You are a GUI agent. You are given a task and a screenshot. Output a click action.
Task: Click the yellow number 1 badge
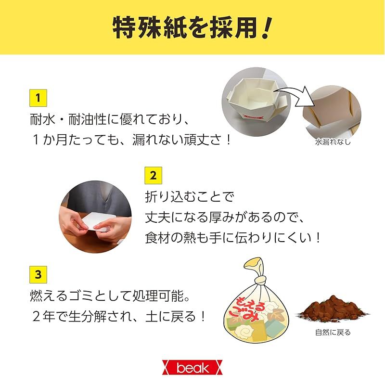38,98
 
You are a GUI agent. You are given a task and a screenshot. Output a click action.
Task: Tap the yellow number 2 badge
153,175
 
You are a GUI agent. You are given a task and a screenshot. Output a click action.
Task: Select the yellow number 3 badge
38,274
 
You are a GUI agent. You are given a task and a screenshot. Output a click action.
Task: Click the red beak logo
192,368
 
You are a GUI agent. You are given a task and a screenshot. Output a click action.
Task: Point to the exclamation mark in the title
266,28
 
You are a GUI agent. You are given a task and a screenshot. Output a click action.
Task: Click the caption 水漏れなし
333,142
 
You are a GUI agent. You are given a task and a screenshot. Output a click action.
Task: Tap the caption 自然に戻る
333,333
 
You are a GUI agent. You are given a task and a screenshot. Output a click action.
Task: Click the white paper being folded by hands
96,222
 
